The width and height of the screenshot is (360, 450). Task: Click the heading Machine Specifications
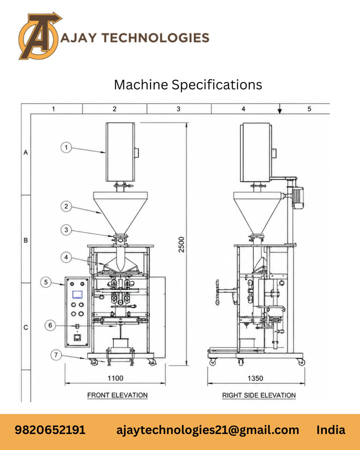pos(188,85)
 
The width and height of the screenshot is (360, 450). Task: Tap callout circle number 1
pos(66,148)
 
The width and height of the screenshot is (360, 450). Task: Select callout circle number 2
pos(66,206)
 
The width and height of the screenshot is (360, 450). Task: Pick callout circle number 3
pos(66,230)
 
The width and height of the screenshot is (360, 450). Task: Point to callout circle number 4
pos(66,257)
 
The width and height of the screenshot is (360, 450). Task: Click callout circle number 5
pos(46,282)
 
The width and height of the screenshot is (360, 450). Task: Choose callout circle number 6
pos(50,325)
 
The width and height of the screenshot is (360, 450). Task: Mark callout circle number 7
pos(56,355)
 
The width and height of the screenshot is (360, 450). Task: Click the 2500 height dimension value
pos(181,245)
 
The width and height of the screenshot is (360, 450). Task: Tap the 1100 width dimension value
pos(115,378)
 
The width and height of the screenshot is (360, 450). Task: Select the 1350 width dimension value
pos(255,378)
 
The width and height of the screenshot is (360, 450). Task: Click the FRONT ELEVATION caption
pos(117,395)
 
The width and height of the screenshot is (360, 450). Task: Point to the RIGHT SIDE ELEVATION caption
pos(259,395)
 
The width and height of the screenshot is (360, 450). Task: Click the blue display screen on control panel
pos(77,294)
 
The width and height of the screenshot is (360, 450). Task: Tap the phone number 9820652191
pos(50,430)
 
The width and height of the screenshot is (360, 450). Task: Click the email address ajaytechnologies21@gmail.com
pos(208,430)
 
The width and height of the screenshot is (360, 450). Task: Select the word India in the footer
pos(331,430)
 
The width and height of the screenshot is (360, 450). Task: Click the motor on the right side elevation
pos(297,197)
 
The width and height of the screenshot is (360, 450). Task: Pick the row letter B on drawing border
pos(26,240)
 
